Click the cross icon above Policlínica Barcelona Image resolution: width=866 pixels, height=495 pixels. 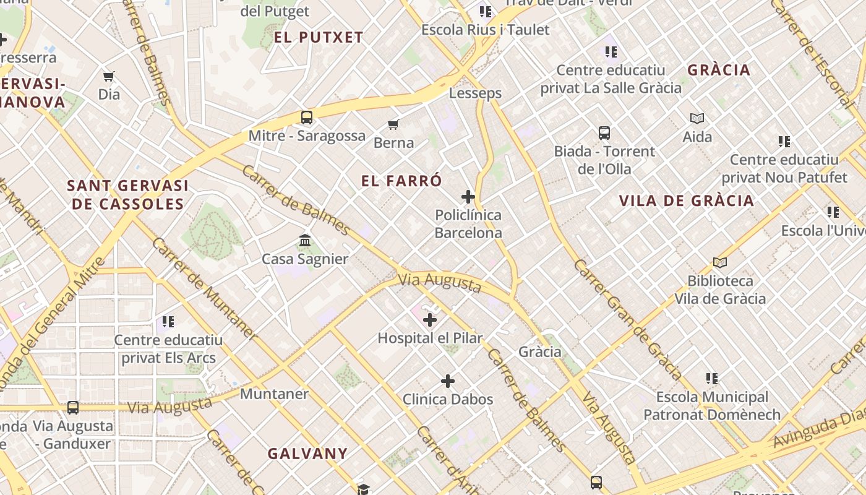[x=468, y=197]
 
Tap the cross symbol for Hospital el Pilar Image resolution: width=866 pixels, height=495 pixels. [x=430, y=320]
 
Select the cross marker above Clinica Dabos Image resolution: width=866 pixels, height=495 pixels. [x=448, y=381]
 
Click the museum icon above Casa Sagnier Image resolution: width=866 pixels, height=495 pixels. [x=305, y=241]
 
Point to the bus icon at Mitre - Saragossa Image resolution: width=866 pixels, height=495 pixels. [x=307, y=117]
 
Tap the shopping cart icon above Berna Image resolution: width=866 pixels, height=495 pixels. [x=393, y=125]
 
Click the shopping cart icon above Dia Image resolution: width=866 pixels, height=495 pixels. [x=109, y=76]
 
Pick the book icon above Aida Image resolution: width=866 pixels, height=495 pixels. [x=697, y=118]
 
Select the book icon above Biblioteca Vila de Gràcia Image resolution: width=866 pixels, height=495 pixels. [x=720, y=262]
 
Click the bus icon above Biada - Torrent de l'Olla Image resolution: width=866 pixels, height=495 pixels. [x=604, y=132]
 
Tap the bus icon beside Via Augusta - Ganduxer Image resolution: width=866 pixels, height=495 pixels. [x=73, y=408]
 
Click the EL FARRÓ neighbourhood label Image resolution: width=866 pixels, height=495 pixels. [x=402, y=181]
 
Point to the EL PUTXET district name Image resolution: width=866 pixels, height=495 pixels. [x=319, y=37]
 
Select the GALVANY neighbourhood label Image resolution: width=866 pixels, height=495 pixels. [x=307, y=454]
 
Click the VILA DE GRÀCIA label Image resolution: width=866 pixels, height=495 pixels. [x=687, y=200]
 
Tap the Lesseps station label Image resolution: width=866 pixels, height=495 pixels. [x=475, y=93]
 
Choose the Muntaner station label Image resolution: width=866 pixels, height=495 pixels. [x=274, y=394]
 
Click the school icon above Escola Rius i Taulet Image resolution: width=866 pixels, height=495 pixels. [x=486, y=11]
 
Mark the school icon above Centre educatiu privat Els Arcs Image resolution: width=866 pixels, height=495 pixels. [x=168, y=322]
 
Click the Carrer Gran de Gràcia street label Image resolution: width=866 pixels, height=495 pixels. [x=628, y=319]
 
